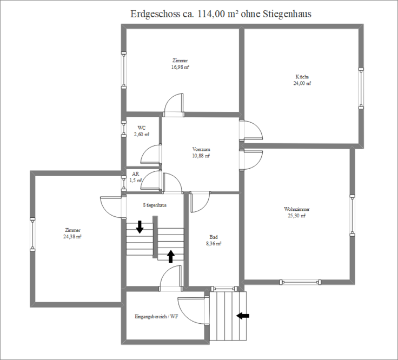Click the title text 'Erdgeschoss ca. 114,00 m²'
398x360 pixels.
pos(184,14)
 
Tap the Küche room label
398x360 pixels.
pos(302,77)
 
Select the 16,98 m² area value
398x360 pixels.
pos(180,67)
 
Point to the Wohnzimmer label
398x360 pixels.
pos(297,209)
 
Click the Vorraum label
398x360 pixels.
pos(201,149)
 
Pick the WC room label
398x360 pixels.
pos(142,128)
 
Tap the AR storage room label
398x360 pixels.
pos(136,174)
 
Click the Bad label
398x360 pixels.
pos(214,237)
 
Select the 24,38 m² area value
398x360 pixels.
pos(72,237)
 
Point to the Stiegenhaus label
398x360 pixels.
pos(155,205)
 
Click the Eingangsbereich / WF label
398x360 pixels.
pos(156,317)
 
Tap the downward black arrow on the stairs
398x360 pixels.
pos(140,227)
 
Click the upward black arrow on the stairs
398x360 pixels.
pos(170,257)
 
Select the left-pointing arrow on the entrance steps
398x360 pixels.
pos(243,316)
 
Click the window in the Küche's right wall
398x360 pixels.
pos(361,88)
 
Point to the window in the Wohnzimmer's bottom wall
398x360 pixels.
pos(300,282)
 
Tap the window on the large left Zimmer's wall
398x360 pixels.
pos(32,235)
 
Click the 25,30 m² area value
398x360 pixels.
pos(297,216)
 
